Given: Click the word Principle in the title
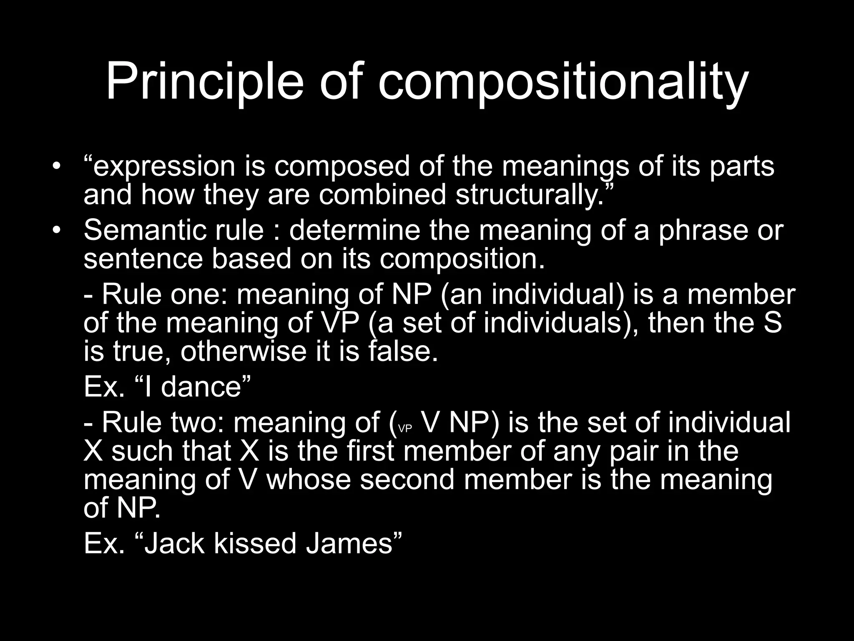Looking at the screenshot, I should point(204,82).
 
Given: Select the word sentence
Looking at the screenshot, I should point(143,259).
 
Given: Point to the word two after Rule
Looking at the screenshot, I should point(198,422).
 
